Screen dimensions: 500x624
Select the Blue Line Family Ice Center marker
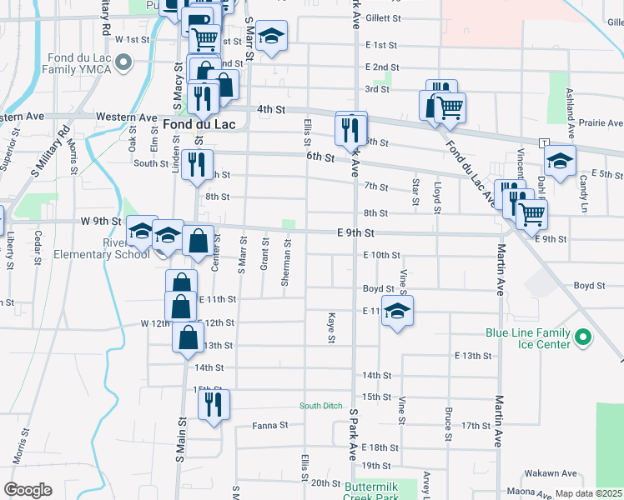pos(583,337)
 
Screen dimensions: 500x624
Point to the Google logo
pos(28,490)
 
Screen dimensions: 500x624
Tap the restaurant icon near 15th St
pos(214,404)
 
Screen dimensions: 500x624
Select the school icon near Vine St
pos(398,311)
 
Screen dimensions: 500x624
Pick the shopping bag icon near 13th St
pos(188,337)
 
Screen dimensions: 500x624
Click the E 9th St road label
pos(355,234)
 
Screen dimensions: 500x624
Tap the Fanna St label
pos(270,424)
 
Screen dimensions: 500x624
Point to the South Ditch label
pos(321,407)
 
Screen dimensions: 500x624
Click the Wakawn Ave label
pos(549,473)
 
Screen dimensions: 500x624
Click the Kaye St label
pos(331,327)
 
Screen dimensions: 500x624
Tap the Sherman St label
pos(286,266)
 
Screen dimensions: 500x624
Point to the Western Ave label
pos(126,117)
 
